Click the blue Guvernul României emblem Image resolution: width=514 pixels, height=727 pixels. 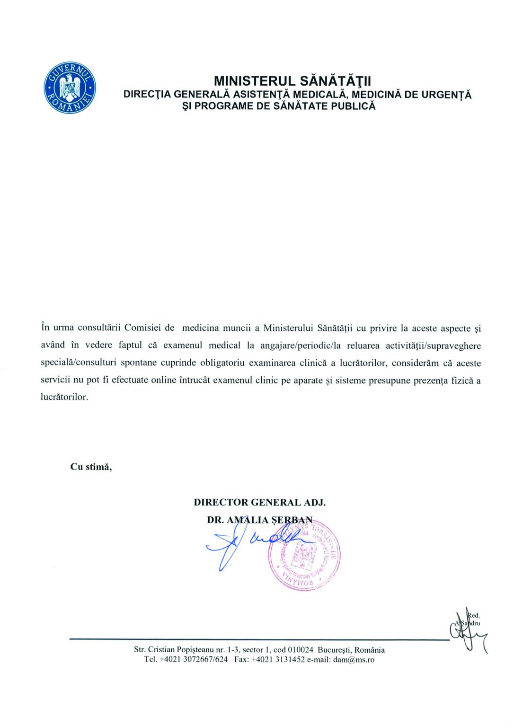pyautogui.click(x=70, y=88)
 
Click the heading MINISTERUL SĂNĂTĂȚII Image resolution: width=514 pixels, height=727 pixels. pyautogui.click(x=292, y=81)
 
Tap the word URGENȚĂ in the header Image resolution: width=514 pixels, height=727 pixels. pyautogui.click(x=446, y=94)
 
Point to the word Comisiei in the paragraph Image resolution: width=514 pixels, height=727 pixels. pyautogui.click(x=142, y=328)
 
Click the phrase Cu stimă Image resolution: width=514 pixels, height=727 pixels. pyautogui.click(x=91, y=467)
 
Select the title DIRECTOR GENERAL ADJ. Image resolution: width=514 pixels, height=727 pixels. pyautogui.click(x=259, y=503)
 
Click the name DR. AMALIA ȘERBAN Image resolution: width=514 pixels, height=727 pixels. pyautogui.click(x=259, y=520)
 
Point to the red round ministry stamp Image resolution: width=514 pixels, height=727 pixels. pyautogui.click(x=304, y=554)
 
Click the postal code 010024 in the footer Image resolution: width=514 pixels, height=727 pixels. pyautogui.click(x=301, y=650)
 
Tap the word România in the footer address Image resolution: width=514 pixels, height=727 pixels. pyautogui.click(x=370, y=650)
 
